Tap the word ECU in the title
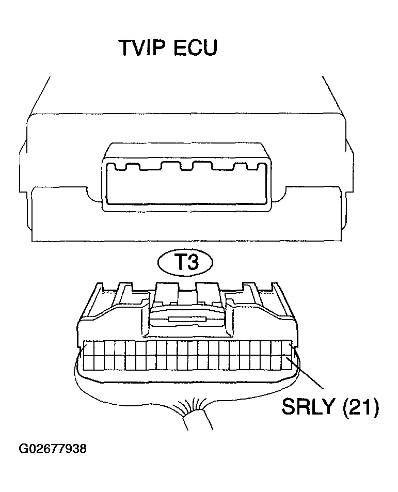195,47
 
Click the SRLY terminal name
307,407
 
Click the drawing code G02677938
53,449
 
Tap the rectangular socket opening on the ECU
186,183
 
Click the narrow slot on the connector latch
187,320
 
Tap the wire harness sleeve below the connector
198,419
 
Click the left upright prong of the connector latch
166,293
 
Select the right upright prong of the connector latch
208,293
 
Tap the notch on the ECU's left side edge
23,166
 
